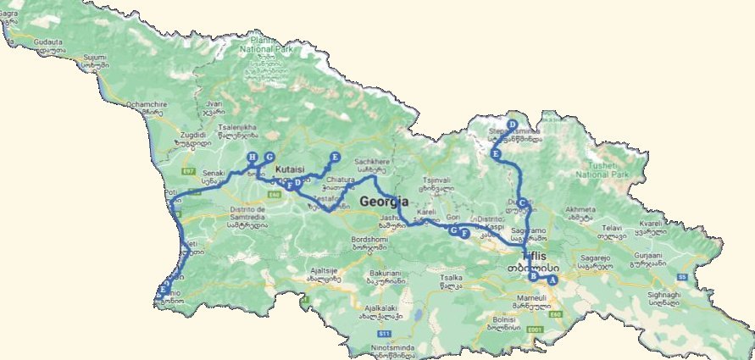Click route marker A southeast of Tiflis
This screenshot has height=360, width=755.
(552, 280)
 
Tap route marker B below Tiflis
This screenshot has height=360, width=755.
(533, 276)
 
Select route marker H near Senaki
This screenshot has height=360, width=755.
(252, 157)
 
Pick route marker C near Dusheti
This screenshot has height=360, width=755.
(523, 202)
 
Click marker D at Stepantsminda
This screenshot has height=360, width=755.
(512, 125)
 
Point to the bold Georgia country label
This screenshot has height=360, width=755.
(385, 202)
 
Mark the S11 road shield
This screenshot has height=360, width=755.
(385, 335)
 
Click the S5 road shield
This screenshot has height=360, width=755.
(682, 276)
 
